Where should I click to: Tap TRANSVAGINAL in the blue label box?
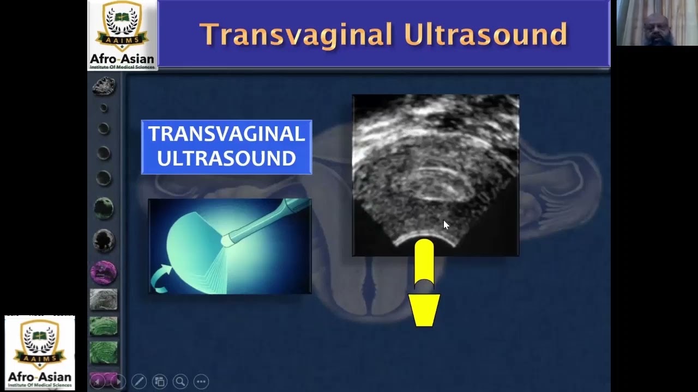click(226, 134)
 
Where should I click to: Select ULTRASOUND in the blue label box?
click(226, 158)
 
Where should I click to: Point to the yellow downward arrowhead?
click(424, 310)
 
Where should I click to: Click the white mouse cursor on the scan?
click(446, 224)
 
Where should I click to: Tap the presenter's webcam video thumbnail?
click(657, 23)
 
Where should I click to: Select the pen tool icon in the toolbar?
click(139, 381)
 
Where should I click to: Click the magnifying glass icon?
click(180, 381)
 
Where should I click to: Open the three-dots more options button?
click(201, 381)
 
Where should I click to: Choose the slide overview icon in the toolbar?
click(159, 381)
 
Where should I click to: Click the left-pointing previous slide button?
click(97, 381)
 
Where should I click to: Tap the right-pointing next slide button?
click(118, 381)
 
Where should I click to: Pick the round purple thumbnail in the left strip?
click(103, 272)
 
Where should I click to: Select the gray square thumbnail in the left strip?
click(103, 300)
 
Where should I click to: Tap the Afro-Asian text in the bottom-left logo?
click(39, 377)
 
